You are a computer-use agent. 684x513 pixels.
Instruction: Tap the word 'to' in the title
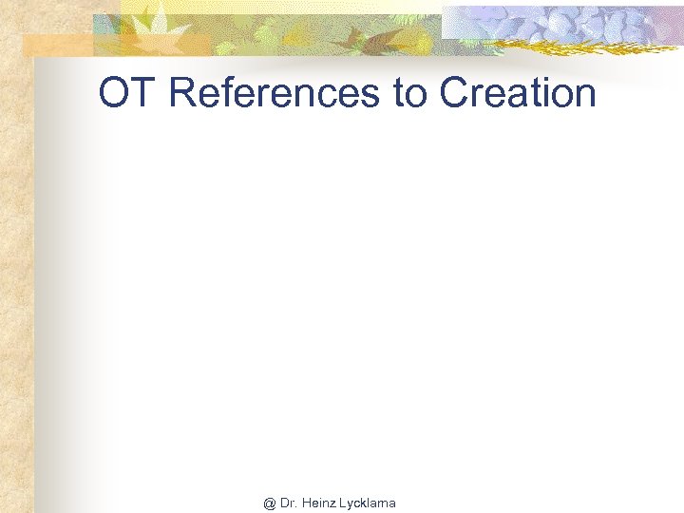[x=411, y=93]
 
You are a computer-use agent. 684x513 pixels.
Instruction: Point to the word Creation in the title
[x=518, y=93]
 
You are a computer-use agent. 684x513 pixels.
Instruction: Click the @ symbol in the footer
[x=270, y=503]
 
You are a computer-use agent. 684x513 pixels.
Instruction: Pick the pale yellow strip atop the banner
[x=285, y=6]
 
